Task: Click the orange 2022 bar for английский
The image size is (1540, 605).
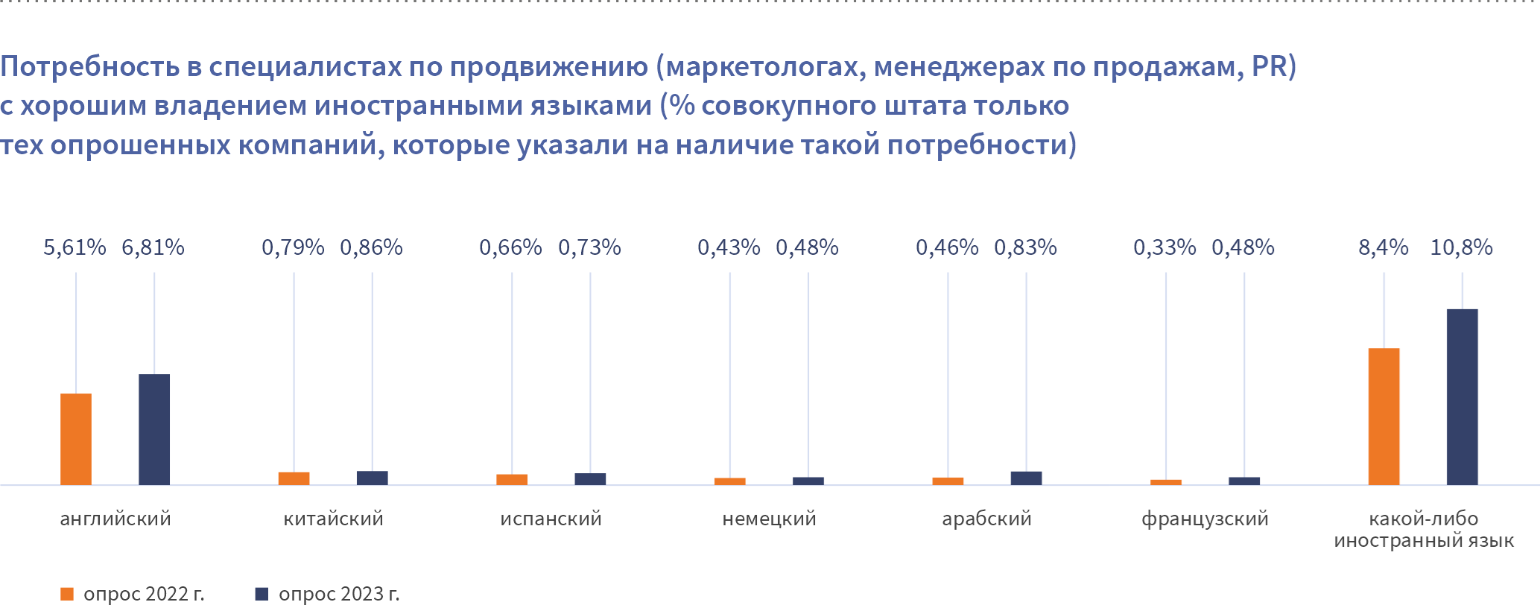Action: coord(76,439)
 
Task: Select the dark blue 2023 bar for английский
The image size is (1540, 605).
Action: coord(154,429)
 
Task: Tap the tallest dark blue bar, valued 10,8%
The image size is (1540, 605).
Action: coord(1462,396)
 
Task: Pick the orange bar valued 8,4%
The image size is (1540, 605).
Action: coord(1384,416)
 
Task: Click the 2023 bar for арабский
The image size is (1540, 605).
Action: coord(1026,478)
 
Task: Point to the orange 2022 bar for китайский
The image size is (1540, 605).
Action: coord(294,478)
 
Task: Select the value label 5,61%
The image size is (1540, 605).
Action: coord(75,247)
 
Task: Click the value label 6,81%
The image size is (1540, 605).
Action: coord(153,247)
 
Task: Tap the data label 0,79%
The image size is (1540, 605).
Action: coord(293,247)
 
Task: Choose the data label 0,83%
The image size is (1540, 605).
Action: coord(1025,247)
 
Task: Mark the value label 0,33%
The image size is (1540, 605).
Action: coord(1164,247)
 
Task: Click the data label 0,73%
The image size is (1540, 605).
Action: coord(589,247)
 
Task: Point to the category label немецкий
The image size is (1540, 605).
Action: coord(769,519)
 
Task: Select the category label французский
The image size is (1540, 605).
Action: coord(1205,519)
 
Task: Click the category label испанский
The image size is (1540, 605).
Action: coord(551,519)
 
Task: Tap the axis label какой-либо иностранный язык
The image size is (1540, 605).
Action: coord(1423,529)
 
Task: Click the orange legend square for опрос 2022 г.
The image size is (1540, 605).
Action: coord(67,594)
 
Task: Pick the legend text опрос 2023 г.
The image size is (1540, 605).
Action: coord(339,594)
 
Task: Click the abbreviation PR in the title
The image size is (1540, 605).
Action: coord(1270,67)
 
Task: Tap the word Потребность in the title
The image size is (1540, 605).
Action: coord(90,67)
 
